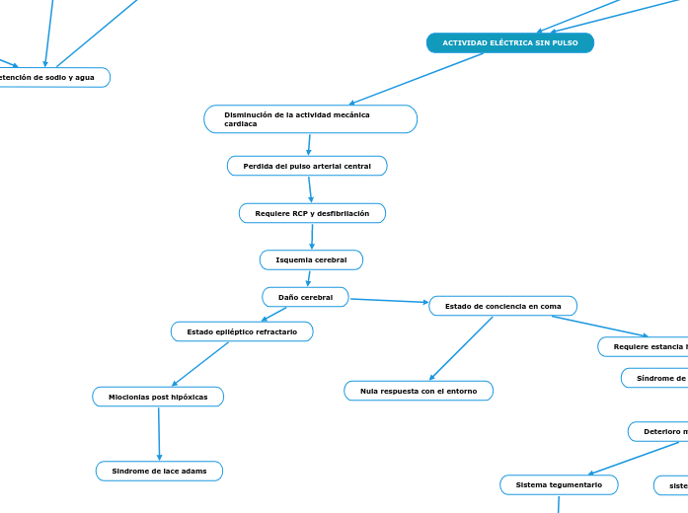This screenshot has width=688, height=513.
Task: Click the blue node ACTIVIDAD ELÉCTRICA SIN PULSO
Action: (x=509, y=43)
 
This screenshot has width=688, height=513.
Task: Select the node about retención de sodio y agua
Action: (x=49, y=77)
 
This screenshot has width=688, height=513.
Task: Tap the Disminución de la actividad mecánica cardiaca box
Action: (x=310, y=119)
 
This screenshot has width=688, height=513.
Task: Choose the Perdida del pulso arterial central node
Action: (x=307, y=166)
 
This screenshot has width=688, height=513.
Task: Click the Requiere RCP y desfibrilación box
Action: (x=312, y=213)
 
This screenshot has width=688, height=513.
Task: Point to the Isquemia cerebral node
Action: (x=311, y=259)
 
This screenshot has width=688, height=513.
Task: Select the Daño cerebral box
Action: (x=305, y=297)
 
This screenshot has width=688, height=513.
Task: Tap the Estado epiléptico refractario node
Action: (x=242, y=331)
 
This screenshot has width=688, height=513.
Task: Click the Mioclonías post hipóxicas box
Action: (x=158, y=397)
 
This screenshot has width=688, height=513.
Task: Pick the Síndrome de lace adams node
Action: (x=159, y=472)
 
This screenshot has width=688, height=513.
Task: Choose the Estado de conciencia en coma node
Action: (x=502, y=306)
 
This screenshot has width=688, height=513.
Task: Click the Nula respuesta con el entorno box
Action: (x=419, y=391)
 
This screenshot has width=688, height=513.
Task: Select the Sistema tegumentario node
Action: (x=559, y=484)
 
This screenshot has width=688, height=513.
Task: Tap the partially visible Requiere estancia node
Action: (x=647, y=346)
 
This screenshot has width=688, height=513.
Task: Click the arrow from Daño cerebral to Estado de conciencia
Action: (x=389, y=301)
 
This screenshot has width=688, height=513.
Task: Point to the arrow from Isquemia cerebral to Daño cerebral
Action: (x=309, y=278)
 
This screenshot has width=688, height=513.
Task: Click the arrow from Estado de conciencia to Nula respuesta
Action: (x=461, y=348)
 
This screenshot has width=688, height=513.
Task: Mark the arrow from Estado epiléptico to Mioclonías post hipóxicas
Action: (x=200, y=363)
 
